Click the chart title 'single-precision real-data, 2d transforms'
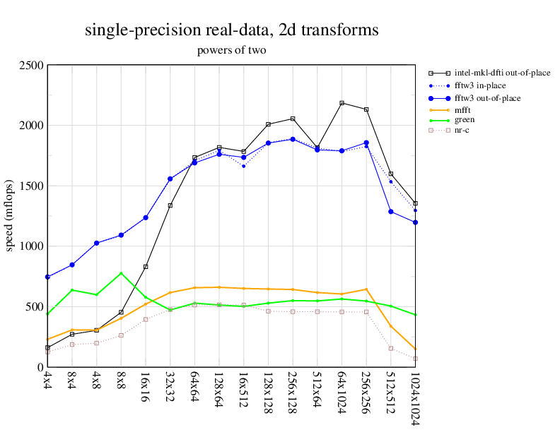(x=231, y=30)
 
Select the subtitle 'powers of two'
(x=231, y=50)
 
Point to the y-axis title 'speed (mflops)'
(x=10, y=216)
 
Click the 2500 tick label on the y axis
(x=31, y=66)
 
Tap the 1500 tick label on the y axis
(x=31, y=186)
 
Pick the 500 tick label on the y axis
(x=34, y=307)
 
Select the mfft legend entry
(x=464, y=109)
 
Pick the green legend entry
(x=465, y=120)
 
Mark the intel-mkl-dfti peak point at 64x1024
(x=342, y=103)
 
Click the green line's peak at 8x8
(x=121, y=273)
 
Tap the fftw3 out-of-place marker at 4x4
(x=47, y=277)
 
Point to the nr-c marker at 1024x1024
(x=415, y=359)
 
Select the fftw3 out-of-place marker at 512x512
(x=390, y=212)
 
